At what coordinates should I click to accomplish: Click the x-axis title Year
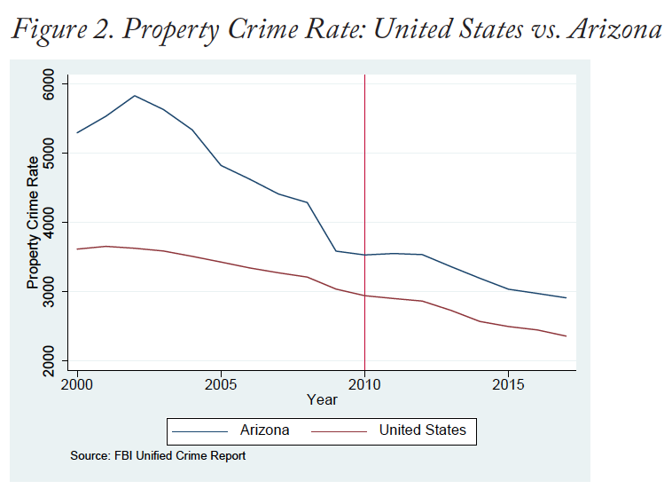click(322, 400)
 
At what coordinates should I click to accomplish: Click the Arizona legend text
click(264, 430)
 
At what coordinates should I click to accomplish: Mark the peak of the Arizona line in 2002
click(135, 95)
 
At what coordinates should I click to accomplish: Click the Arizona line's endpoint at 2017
click(566, 297)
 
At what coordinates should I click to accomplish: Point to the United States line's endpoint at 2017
click(566, 335)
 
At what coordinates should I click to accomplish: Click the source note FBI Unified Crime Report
click(158, 456)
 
